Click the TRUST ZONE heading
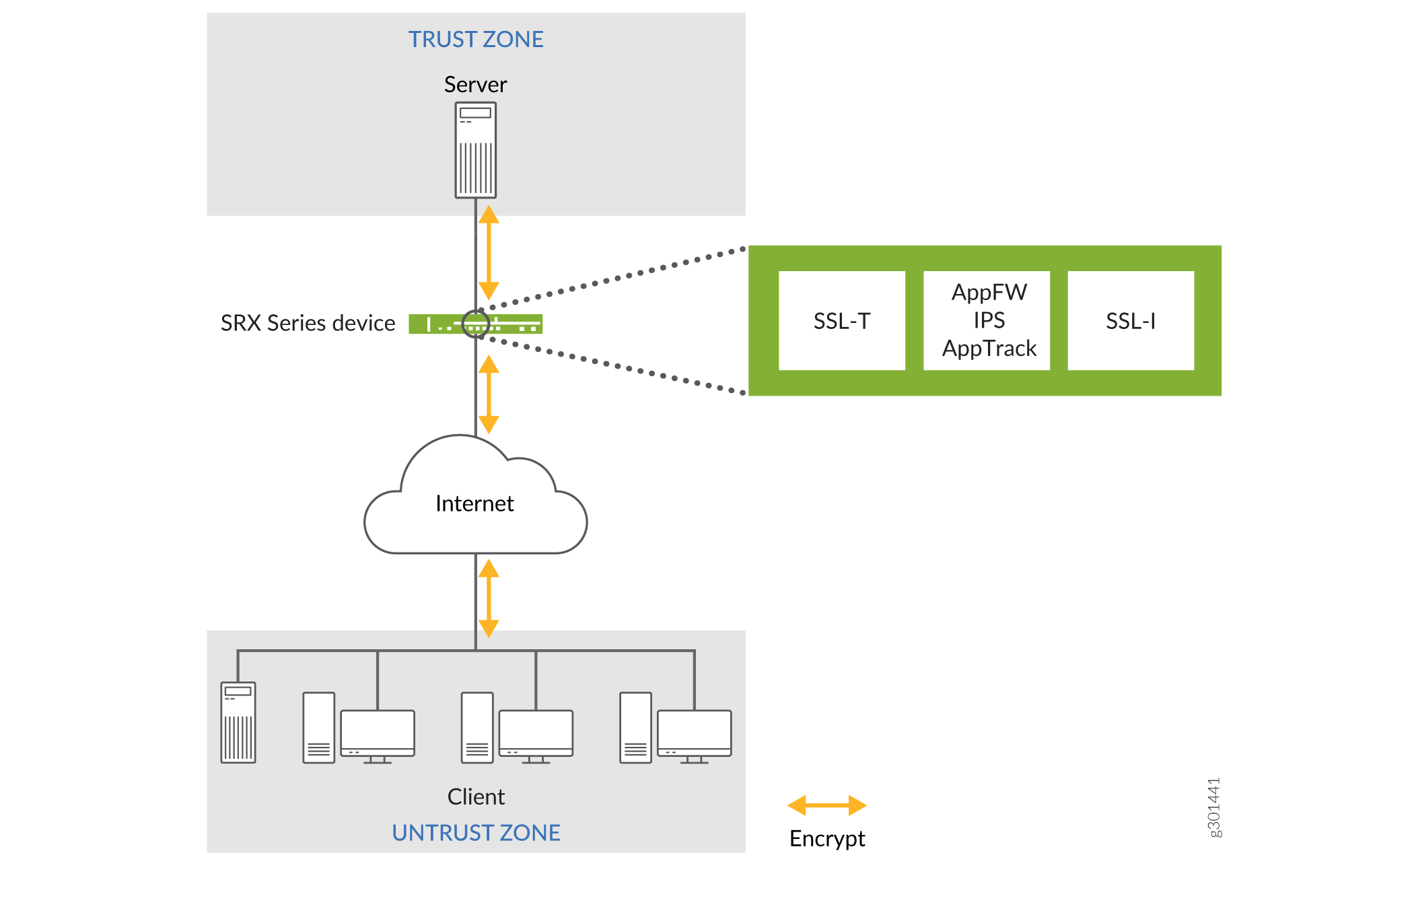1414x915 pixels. (x=475, y=40)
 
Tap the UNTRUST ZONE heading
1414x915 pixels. (x=475, y=833)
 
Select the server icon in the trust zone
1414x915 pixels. (x=475, y=150)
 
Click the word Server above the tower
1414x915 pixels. (x=475, y=85)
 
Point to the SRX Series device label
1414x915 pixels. (x=308, y=324)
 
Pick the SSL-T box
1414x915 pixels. (x=841, y=321)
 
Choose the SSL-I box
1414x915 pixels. (x=1131, y=321)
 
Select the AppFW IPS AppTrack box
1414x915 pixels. (x=987, y=321)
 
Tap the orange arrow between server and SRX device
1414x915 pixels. (x=489, y=252)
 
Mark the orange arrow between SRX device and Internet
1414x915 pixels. (x=489, y=394)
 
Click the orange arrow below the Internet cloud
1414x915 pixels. (x=489, y=598)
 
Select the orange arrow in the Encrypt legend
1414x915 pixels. (x=827, y=805)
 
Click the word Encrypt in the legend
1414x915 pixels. (x=827, y=839)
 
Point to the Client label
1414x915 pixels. (x=475, y=797)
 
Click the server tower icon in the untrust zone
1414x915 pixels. (x=238, y=723)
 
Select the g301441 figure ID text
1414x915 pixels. (x=1213, y=807)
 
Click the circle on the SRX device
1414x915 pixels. (x=476, y=324)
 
